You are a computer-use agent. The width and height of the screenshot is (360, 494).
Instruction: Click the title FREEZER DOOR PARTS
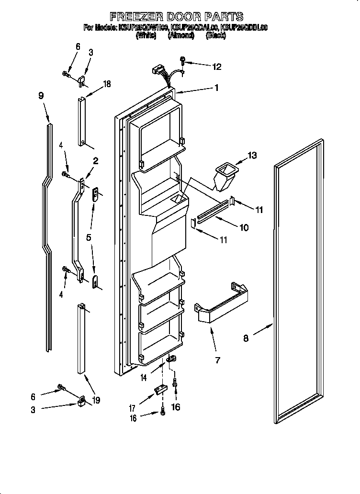[x=177, y=17]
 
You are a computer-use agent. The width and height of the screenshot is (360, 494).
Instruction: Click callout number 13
[x=252, y=155]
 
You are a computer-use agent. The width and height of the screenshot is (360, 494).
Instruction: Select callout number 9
[x=41, y=96]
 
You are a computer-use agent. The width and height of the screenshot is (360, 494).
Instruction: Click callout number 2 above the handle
[x=96, y=161]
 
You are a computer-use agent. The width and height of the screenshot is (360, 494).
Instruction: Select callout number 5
[x=89, y=237]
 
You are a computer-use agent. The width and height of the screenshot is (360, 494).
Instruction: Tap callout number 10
[x=244, y=227]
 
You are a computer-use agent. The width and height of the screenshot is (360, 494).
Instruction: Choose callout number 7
[x=217, y=360]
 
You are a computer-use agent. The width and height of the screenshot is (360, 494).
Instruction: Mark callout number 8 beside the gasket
[x=246, y=338]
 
